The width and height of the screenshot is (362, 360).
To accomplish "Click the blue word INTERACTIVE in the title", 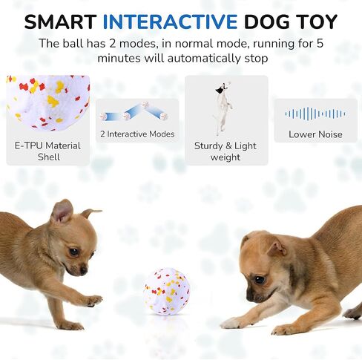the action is coord(170,22).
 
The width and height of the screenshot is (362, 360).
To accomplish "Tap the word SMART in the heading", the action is coord(60,22).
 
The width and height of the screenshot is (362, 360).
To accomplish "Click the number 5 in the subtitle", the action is coord(320,44).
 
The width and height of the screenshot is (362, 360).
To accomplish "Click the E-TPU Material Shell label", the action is coord(47,151).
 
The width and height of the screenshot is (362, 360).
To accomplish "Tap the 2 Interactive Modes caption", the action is coord(137,134).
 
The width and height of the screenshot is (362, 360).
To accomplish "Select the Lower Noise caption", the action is coord(315,134).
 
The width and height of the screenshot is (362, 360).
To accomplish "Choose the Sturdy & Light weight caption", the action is coord(226,151).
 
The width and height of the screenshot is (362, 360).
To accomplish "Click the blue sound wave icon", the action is coord(315,114).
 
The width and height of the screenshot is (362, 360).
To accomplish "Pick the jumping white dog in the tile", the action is coord(223,108).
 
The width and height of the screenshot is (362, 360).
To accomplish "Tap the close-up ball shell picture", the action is coord(48,102).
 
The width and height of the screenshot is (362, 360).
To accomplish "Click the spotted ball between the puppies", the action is coord(167,291).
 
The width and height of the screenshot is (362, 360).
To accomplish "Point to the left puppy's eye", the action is coord(74,252).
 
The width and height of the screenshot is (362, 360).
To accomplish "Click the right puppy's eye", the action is coord(259,280).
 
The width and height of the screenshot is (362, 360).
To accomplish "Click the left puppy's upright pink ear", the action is coord(62,211).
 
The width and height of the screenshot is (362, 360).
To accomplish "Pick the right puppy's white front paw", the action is coord(234,323).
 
